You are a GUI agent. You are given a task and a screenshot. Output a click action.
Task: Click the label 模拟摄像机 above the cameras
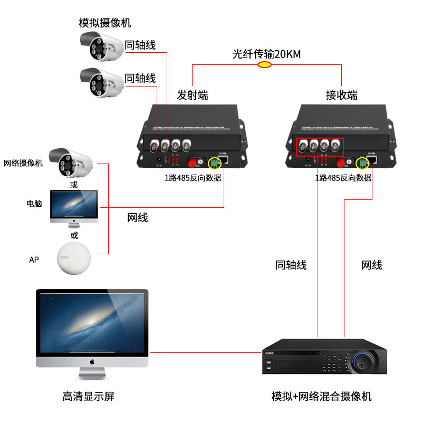104,23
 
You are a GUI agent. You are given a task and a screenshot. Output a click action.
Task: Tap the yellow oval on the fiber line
264,65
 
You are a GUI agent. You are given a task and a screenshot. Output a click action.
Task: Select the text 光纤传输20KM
266,54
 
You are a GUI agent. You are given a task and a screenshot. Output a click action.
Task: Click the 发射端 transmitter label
192,95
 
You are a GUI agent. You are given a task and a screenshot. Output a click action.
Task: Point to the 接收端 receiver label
341,95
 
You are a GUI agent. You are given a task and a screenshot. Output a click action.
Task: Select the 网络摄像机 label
23,163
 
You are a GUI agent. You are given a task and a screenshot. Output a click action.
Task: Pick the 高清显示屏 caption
88,396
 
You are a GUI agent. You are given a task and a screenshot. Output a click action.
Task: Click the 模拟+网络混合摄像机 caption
321,396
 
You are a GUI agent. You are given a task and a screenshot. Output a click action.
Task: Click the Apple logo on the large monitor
92,362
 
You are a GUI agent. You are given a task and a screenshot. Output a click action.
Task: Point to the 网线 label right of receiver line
371,265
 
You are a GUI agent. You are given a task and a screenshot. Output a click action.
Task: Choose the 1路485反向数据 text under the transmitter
193,178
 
